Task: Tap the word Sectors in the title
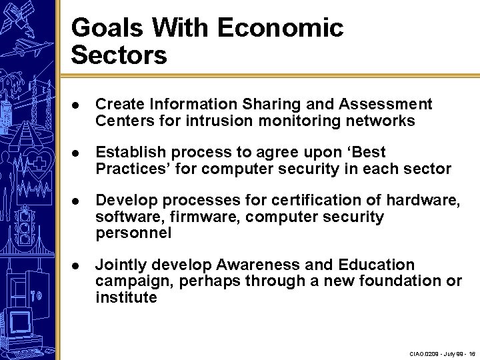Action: click(x=119, y=55)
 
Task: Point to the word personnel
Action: click(x=133, y=233)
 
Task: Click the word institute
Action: click(x=126, y=297)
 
